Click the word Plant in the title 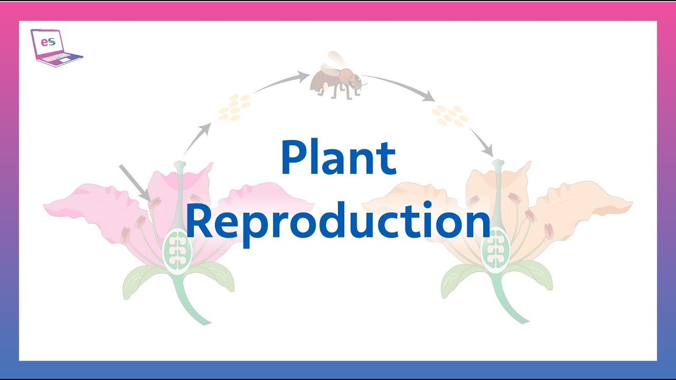pyautogui.click(x=338, y=157)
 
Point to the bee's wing pyautogui.click(x=333, y=63)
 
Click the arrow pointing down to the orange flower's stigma pyautogui.click(x=482, y=142)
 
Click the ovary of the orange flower pyautogui.click(x=495, y=250)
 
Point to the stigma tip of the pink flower pyautogui.click(x=180, y=166)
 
